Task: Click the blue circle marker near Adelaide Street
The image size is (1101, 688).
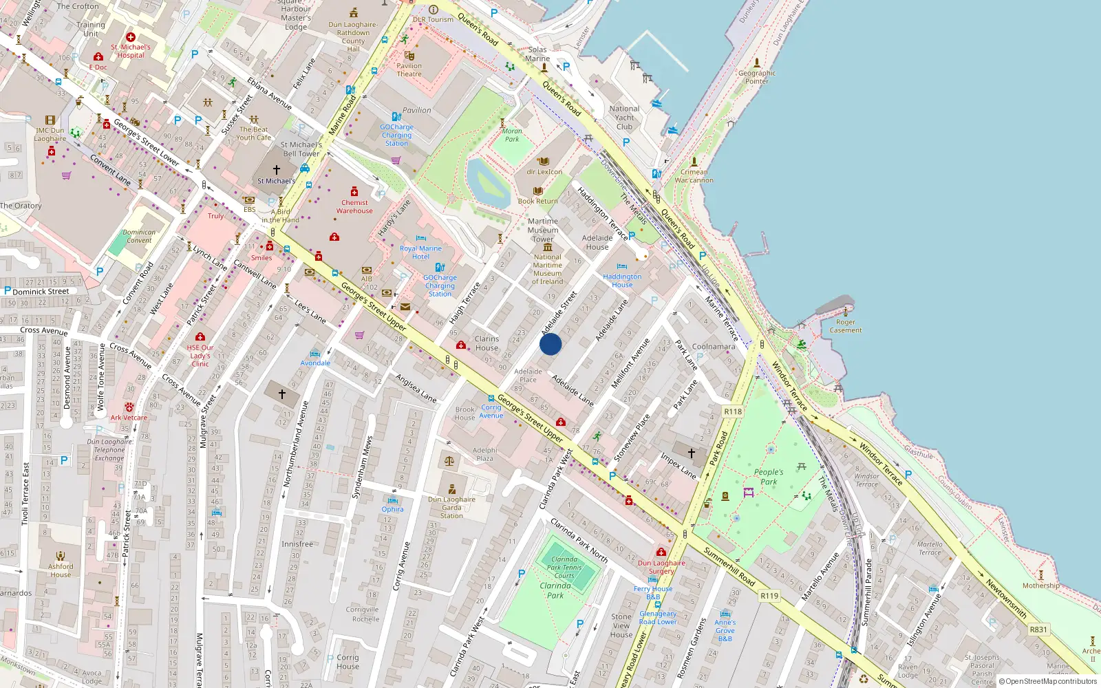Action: click(x=550, y=344)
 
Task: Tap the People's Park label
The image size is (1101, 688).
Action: click(x=769, y=477)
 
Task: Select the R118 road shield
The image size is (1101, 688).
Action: click(x=733, y=411)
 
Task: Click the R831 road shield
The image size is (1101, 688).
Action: click(x=1038, y=630)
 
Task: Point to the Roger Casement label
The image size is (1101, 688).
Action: click(x=846, y=326)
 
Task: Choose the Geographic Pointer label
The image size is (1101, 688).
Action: click(x=757, y=77)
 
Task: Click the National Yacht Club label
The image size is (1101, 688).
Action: click(x=624, y=118)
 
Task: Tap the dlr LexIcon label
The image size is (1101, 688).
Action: click(x=544, y=172)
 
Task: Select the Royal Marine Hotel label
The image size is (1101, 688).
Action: click(x=420, y=252)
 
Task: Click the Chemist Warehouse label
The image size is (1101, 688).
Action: click(x=354, y=206)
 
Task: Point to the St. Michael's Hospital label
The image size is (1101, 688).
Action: click(x=131, y=51)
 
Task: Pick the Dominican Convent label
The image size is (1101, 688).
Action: click(x=139, y=236)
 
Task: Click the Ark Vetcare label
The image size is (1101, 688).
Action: click(x=129, y=418)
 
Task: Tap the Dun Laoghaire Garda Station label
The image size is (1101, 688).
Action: click(x=451, y=508)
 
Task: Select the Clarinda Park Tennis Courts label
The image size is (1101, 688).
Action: click(x=564, y=567)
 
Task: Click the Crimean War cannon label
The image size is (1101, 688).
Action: click(x=694, y=176)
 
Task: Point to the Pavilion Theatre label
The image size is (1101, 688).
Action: click(x=409, y=70)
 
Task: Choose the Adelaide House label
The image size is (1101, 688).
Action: click(x=597, y=242)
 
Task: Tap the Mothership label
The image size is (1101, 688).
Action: click(x=1040, y=585)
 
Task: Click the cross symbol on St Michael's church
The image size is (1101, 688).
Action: click(x=277, y=169)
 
